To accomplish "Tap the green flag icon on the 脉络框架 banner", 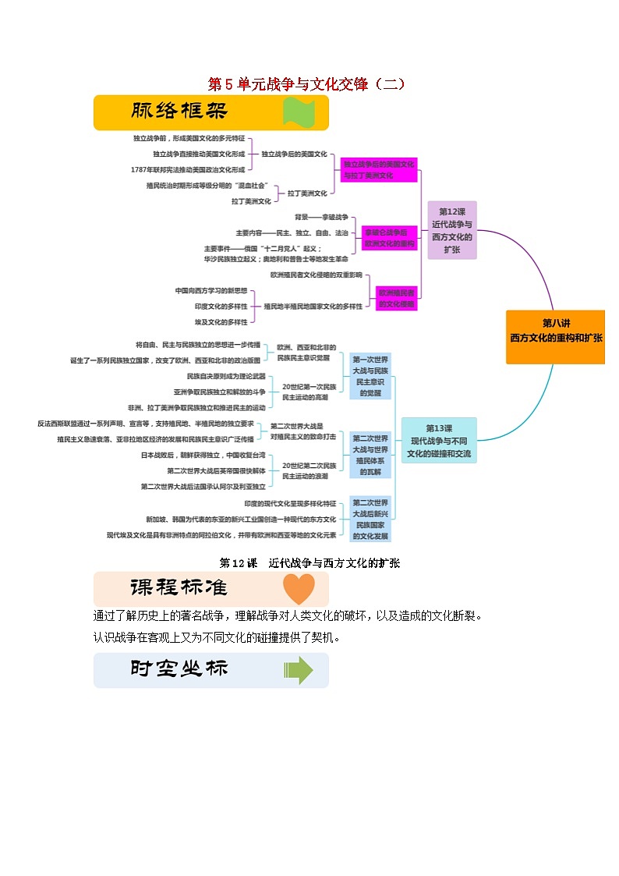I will tap(299, 112).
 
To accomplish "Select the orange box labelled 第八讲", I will tap(555, 336).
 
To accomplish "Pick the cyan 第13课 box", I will tap(439, 441).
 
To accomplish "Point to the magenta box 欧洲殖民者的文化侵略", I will tap(397, 298).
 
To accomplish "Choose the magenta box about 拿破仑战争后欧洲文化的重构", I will tap(389, 238).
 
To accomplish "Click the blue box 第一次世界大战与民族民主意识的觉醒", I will tap(370, 376).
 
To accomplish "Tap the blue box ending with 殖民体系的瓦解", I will tap(370, 455).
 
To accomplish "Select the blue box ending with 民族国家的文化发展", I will tap(370, 519).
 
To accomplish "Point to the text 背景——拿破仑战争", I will tap(321, 217).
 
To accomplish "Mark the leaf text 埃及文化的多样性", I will tap(221, 321).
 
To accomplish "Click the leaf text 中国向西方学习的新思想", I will tap(210, 291).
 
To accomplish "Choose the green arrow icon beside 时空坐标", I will tap(299, 670).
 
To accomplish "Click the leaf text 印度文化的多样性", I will tap(221, 307).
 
